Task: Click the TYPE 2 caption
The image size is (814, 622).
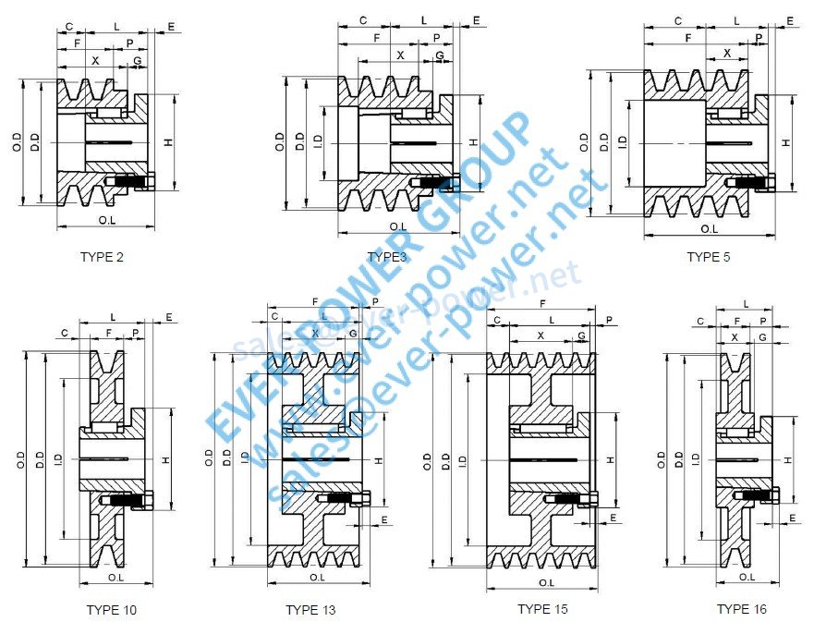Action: [x=102, y=257]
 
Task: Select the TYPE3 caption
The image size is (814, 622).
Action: [x=386, y=257]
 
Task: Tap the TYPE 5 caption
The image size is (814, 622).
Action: [x=708, y=257]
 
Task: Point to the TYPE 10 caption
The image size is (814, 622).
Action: [x=111, y=610]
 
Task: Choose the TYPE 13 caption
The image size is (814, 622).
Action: [x=310, y=610]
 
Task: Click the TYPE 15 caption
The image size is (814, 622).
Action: [x=542, y=609]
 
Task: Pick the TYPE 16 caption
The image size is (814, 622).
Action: [x=742, y=609]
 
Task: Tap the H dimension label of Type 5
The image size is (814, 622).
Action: [x=786, y=142]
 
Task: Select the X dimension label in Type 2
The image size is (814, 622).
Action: [x=94, y=59]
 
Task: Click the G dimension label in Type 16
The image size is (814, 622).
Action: [x=762, y=339]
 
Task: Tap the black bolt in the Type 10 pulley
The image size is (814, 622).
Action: [x=128, y=503]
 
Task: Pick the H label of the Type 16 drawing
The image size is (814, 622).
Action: [x=787, y=459]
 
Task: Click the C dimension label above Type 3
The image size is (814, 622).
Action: [x=362, y=19]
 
